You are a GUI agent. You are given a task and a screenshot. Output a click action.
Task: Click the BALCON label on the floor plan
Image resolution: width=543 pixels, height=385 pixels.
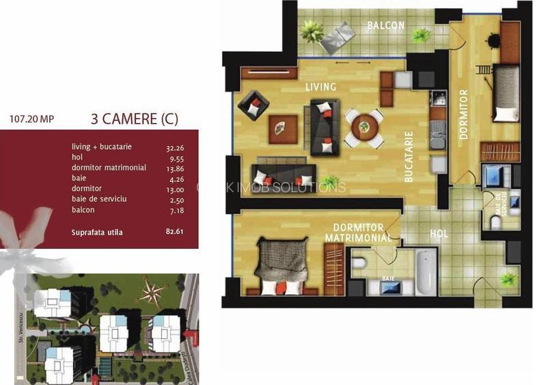386,26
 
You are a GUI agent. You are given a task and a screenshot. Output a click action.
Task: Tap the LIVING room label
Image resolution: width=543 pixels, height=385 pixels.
320,87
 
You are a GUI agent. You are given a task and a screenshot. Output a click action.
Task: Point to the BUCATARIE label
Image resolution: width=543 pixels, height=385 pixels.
409,156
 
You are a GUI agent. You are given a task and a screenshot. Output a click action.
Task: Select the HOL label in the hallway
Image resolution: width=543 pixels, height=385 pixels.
438,234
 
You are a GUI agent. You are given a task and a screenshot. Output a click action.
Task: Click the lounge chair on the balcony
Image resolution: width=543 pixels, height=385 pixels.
339,37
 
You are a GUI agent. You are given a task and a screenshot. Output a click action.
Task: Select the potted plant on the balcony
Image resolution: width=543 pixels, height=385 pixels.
312,30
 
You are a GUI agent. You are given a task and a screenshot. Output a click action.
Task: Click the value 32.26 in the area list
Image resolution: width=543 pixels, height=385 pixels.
175,147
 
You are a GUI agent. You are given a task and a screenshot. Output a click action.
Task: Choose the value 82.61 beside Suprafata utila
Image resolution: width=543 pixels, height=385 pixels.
175,232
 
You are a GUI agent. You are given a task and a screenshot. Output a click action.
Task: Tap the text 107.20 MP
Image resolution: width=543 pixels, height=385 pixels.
31,118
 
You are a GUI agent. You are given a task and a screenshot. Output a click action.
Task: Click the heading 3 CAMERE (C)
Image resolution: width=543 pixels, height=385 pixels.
135,118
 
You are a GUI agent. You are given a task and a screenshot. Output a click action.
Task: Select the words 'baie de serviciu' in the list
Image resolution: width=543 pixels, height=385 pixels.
99,199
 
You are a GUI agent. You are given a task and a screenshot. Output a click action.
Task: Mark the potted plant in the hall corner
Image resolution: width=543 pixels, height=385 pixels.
508,279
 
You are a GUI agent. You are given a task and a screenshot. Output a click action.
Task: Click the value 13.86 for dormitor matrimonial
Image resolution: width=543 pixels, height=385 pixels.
175,168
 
